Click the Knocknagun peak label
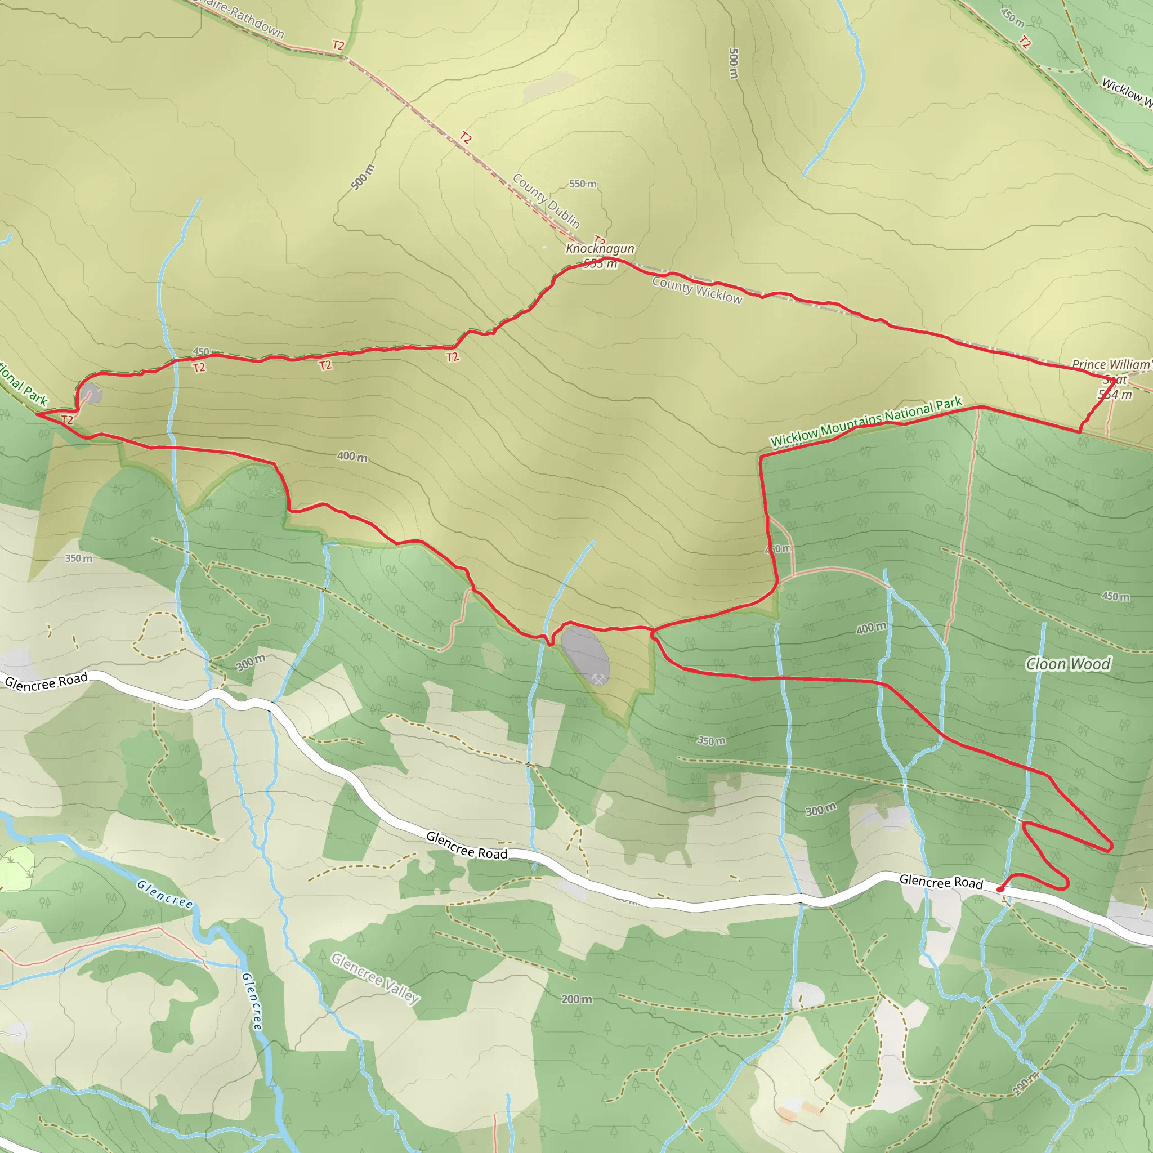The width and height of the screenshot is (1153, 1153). pyautogui.click(x=600, y=248)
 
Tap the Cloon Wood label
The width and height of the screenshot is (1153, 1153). pyautogui.click(x=1068, y=664)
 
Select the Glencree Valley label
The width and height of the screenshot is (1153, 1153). pyautogui.click(x=376, y=978)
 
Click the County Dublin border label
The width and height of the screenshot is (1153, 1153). pyautogui.click(x=546, y=200)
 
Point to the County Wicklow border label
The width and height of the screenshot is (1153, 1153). pyautogui.click(x=697, y=290)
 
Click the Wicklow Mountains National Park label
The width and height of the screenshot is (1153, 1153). pyautogui.click(x=866, y=422)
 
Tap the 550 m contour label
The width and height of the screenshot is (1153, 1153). pyautogui.click(x=583, y=184)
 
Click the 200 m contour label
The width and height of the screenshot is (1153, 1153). pyautogui.click(x=576, y=999)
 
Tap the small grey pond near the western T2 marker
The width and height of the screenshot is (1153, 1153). pyautogui.click(x=91, y=394)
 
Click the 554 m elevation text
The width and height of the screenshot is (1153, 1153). pyautogui.click(x=1115, y=395)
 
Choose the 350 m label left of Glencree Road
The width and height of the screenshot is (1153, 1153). pyautogui.click(x=79, y=558)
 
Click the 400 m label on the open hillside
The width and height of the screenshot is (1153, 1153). pyautogui.click(x=352, y=457)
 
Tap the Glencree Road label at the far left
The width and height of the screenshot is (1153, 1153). pyautogui.click(x=46, y=681)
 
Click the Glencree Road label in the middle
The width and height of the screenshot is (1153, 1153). pyautogui.click(x=467, y=846)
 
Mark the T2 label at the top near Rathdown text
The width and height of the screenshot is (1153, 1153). pyautogui.click(x=338, y=46)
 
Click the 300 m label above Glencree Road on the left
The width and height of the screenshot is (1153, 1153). pyautogui.click(x=250, y=663)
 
